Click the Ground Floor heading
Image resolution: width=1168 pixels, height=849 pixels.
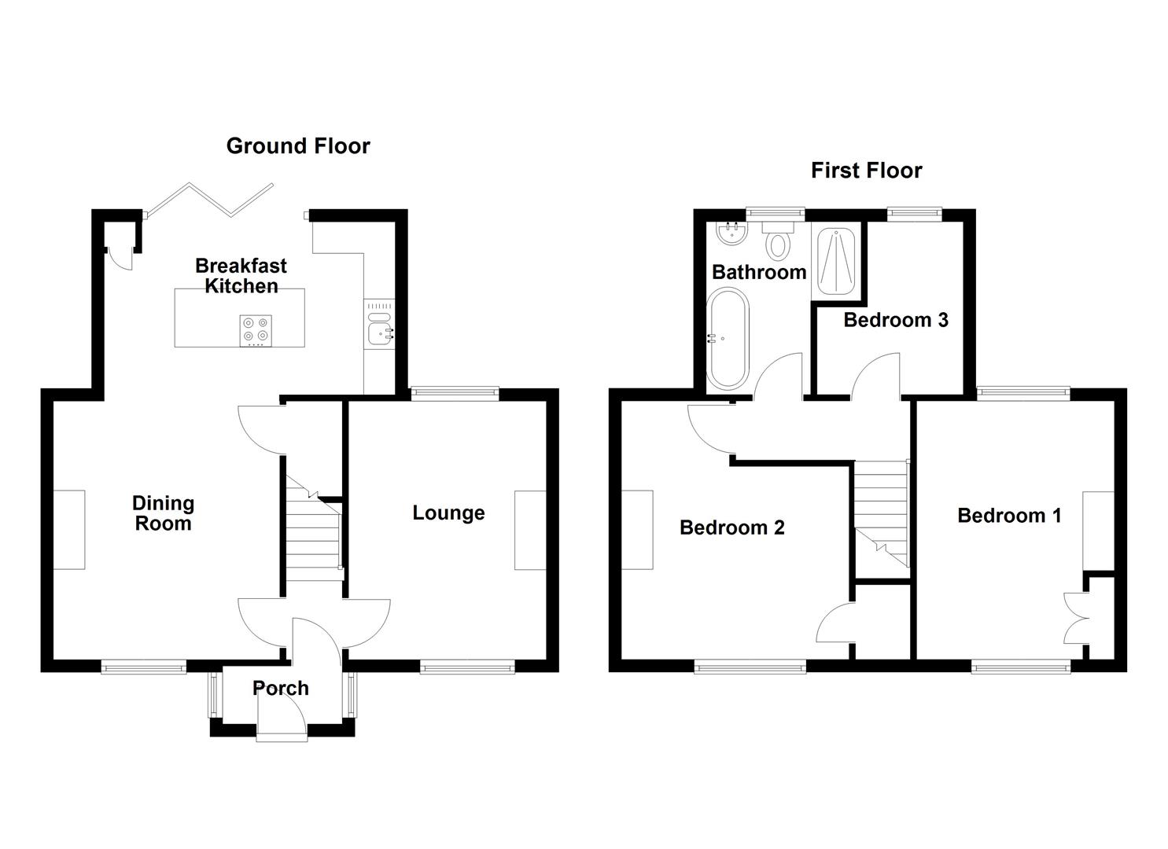coord(297,146)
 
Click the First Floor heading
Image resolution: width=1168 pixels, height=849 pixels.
coord(866,171)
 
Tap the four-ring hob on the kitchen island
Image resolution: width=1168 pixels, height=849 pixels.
coord(256,330)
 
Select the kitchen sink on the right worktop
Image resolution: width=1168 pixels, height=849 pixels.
coord(381,333)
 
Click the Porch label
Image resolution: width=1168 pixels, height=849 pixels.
coord(280,689)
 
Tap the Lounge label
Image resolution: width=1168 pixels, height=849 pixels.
coord(448,513)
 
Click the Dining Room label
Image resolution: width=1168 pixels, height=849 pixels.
coord(163,513)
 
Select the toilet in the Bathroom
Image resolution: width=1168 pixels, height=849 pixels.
coord(779,240)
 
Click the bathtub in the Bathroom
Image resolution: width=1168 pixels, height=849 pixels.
coord(728,339)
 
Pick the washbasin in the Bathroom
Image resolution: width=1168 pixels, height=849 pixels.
coord(732,232)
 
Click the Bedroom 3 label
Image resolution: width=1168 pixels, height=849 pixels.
coord(895,320)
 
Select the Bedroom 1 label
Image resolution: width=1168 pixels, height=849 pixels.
coord(1008,516)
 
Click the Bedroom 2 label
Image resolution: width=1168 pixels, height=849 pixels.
coord(731,527)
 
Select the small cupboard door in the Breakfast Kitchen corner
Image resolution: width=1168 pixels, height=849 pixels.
coord(120,254)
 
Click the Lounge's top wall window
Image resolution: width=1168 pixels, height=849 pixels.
coord(455,394)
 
